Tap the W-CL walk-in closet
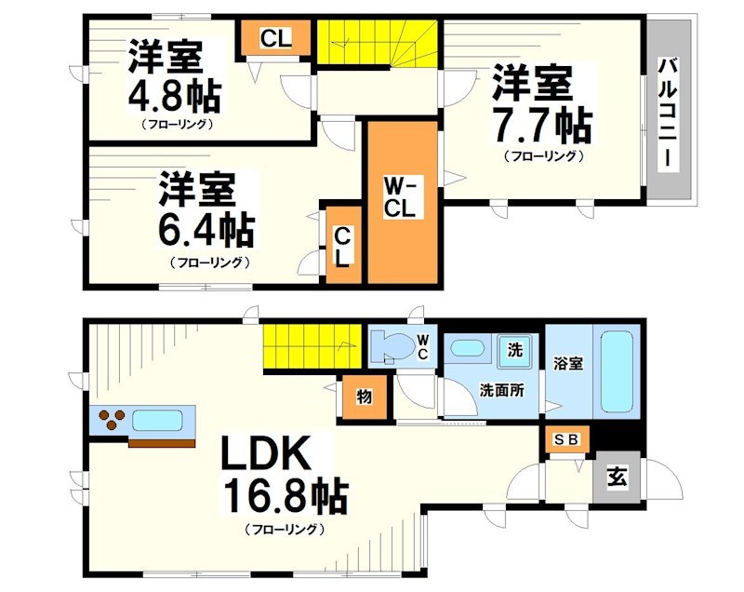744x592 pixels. [x=402, y=199]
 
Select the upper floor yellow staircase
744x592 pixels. [x=377, y=43]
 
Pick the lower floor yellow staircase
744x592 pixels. [x=311, y=345]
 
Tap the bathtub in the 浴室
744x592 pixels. [x=617, y=370]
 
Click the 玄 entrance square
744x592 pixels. [x=616, y=480]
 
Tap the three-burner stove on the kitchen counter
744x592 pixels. [x=110, y=422]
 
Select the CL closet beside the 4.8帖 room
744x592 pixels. [x=274, y=39]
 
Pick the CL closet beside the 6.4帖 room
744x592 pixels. [x=342, y=246]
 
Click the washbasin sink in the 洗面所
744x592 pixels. [x=465, y=350]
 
